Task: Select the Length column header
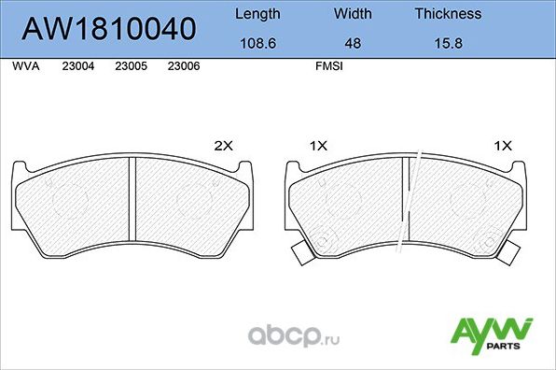coord(257,14)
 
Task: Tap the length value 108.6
coord(257,42)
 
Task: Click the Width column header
coord(353,14)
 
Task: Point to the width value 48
coord(353,42)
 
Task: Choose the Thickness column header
coord(448,14)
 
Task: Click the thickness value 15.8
coord(448,42)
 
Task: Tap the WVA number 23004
coord(77,67)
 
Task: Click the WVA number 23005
coord(131,67)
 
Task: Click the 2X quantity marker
coord(223,146)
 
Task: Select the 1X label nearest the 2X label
coord(318,146)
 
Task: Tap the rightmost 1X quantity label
coord(504,146)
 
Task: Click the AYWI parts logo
coord(492,332)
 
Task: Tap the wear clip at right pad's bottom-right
coord(510,252)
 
